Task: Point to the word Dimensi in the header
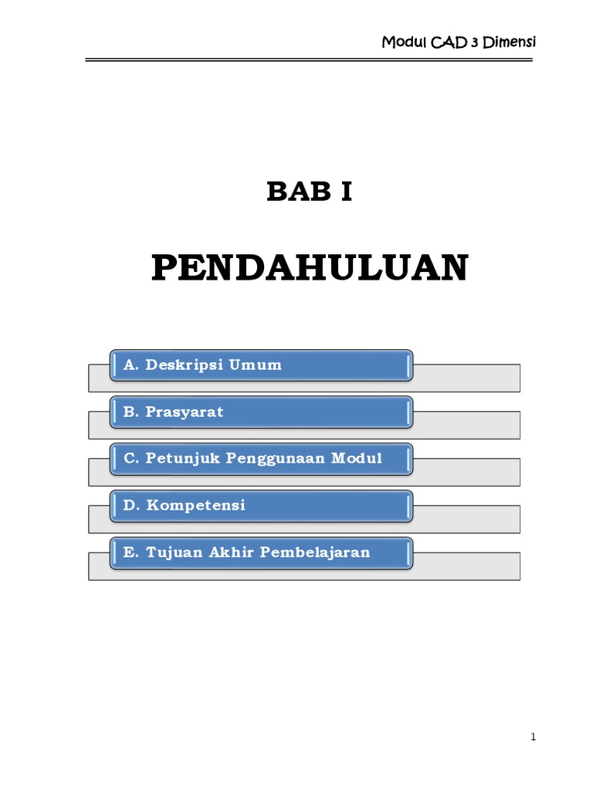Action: coord(509,42)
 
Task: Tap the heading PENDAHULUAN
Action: coord(310,268)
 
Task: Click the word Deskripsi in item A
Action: coord(185,365)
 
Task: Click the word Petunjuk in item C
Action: coord(179,459)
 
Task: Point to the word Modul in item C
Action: coord(357,459)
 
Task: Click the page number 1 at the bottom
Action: coord(533,737)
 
